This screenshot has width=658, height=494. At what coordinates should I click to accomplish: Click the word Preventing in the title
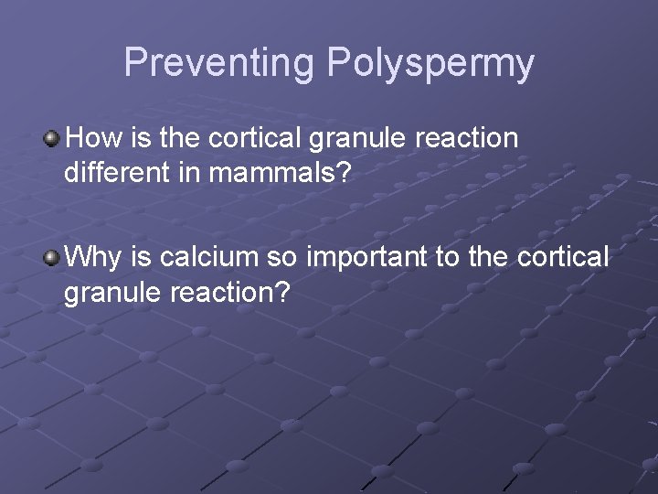[x=219, y=62]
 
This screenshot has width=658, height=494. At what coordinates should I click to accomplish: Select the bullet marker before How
[x=52, y=139]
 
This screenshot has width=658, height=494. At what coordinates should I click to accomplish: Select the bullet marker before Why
[x=52, y=258]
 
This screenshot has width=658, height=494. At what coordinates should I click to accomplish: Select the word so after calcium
[x=287, y=258]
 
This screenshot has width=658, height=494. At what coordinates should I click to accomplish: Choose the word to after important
[x=448, y=258]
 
